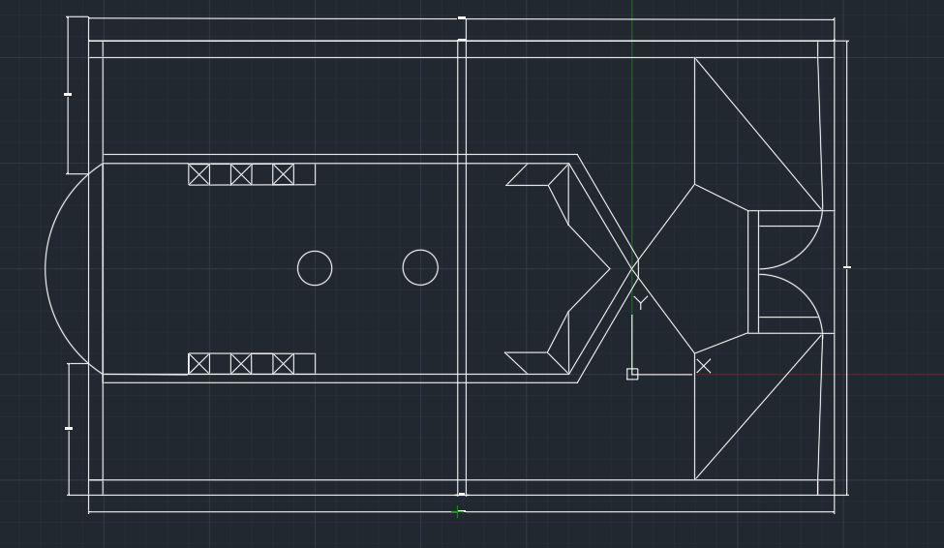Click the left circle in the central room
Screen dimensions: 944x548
pyautogui.click(x=315, y=268)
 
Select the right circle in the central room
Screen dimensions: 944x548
pyautogui.click(x=420, y=267)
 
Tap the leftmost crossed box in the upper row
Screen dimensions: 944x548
pyautogui.click(x=198, y=174)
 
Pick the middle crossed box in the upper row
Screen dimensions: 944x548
pyautogui.click(x=241, y=174)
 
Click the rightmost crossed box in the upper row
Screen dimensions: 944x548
pyautogui.click(x=283, y=174)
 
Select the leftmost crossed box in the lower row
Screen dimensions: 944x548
pyautogui.click(x=198, y=363)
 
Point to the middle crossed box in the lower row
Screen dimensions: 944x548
pyautogui.click(x=241, y=363)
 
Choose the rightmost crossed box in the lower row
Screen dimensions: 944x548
pyautogui.click(x=283, y=363)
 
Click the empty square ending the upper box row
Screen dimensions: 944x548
pyautogui.click(x=304, y=174)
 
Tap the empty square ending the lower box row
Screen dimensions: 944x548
pyautogui.click(x=304, y=363)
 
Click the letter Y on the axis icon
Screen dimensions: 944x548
pyautogui.click(x=639, y=304)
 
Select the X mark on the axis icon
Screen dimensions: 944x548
pyautogui.click(x=703, y=365)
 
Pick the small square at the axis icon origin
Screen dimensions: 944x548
pyautogui.click(x=632, y=374)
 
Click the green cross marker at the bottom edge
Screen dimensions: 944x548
pyautogui.click(x=458, y=511)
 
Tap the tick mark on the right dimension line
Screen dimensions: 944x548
pyautogui.click(x=847, y=267)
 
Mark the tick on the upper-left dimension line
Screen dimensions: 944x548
pyautogui.click(x=68, y=94)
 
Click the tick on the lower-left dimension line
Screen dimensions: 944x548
pyautogui.click(x=69, y=428)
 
